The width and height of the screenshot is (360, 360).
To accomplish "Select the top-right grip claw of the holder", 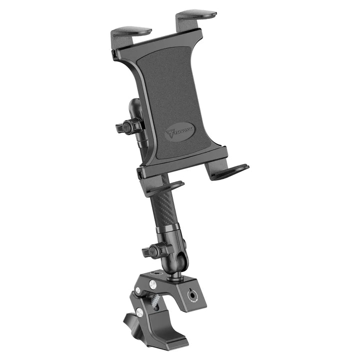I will pos(196,17).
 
